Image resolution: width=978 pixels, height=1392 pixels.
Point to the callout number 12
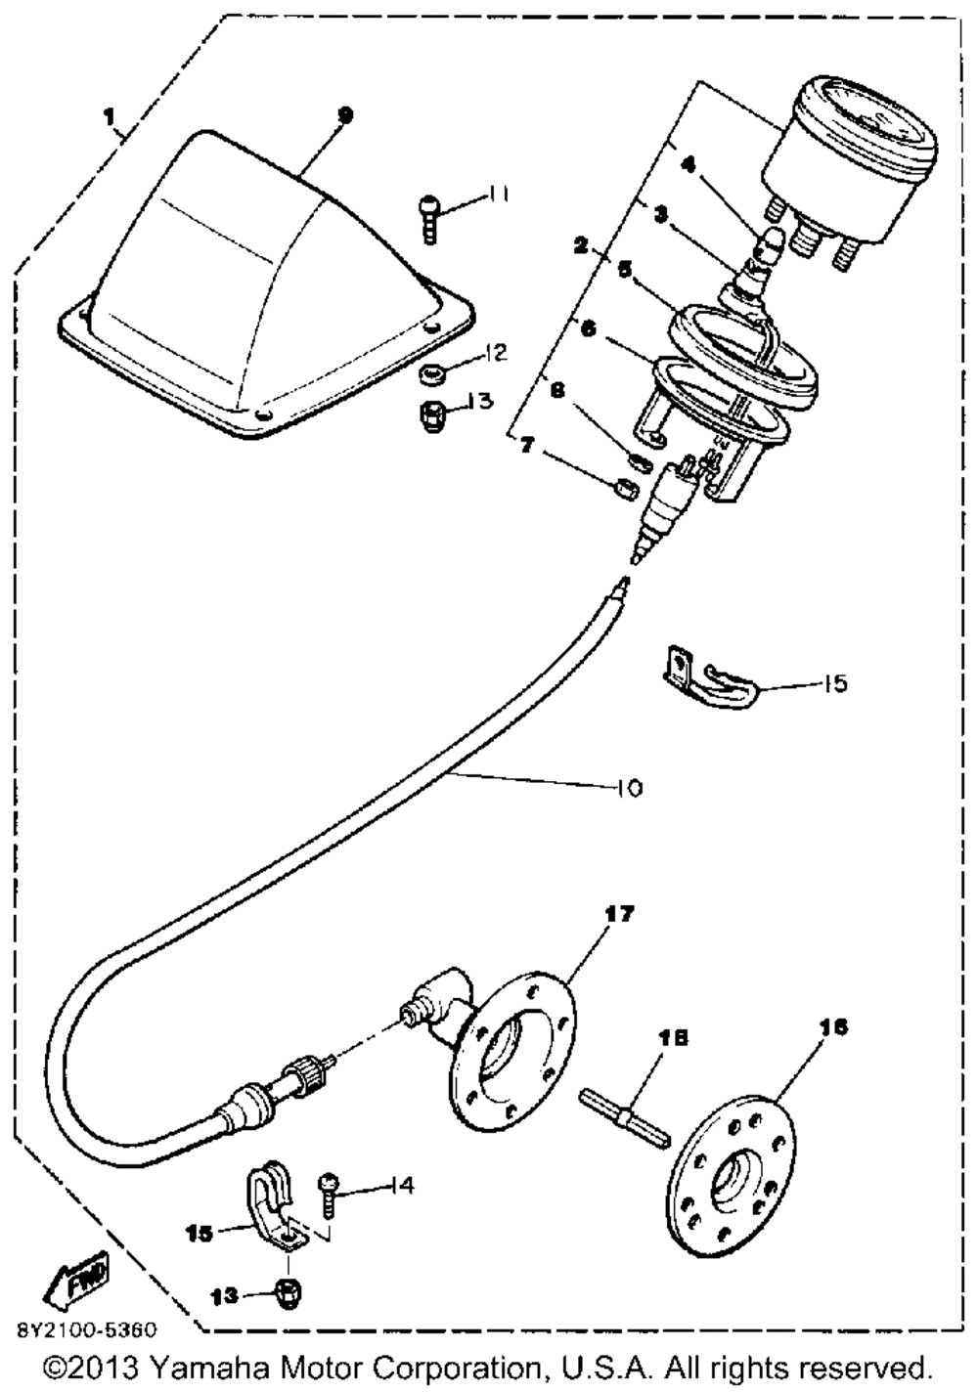click(497, 353)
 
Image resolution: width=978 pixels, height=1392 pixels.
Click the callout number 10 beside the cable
click(630, 787)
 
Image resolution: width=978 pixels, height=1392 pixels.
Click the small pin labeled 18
click(626, 1111)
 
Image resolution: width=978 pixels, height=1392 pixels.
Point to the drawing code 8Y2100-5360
click(85, 1332)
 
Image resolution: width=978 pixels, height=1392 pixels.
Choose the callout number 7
click(527, 446)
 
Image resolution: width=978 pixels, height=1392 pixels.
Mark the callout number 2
click(581, 245)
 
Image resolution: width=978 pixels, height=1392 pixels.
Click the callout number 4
click(688, 165)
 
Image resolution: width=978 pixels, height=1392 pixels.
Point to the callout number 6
click(589, 328)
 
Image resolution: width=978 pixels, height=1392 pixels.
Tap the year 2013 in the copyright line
click(107, 1366)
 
